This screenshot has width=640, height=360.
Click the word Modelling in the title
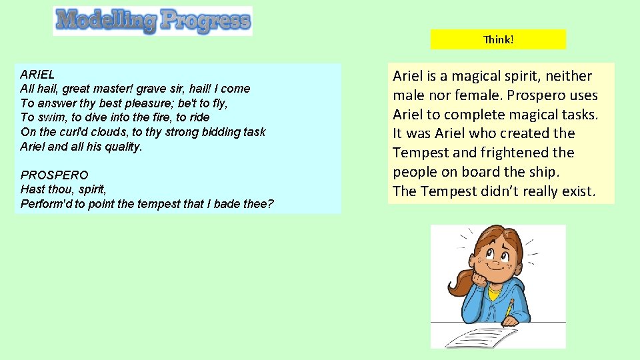[106, 21]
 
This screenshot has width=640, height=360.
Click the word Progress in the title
[205, 21]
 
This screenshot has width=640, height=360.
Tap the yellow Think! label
[498, 39]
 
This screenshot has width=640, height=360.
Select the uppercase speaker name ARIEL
[38, 74]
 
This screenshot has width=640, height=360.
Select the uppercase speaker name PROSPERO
[54, 175]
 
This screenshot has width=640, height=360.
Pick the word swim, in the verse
[49, 118]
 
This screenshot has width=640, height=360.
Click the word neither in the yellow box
[567, 76]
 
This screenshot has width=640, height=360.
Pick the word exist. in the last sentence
[574, 191]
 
